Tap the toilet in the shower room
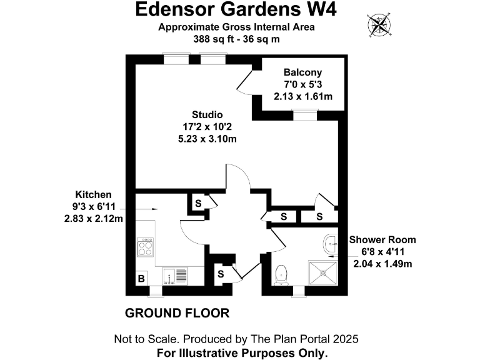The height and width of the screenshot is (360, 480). (x=281, y=272)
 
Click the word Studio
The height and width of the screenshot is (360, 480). (x=207, y=115)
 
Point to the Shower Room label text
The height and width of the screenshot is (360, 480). (x=382, y=239)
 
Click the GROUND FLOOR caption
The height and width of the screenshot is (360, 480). (x=177, y=312)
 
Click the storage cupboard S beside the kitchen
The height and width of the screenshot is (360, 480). (x=198, y=202)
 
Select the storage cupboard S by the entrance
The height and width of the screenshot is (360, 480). (x=221, y=273)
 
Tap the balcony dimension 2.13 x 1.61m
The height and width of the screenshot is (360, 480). (x=302, y=96)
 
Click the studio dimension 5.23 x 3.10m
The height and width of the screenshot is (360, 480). (x=207, y=139)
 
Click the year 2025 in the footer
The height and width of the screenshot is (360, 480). (x=344, y=339)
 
